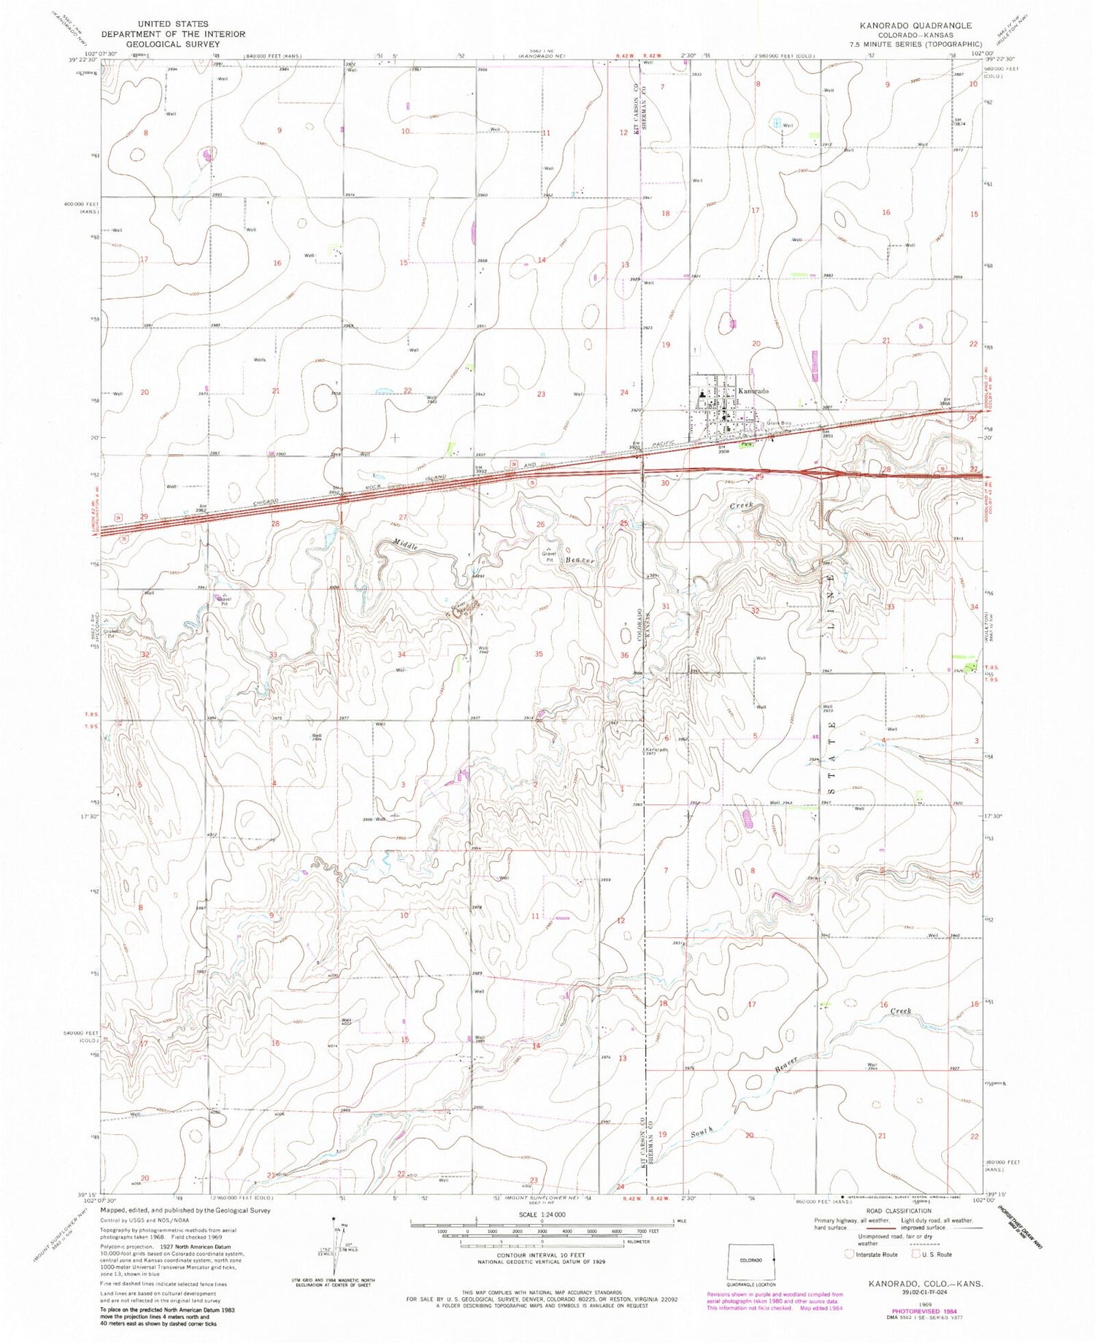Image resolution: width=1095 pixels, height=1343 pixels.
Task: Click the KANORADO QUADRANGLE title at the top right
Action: tap(905, 26)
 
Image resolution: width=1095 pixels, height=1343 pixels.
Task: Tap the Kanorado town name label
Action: tap(753, 391)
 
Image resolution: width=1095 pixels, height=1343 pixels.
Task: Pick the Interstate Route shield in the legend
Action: tap(849, 1255)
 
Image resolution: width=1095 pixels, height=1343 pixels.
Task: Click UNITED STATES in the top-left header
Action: tap(173, 24)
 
